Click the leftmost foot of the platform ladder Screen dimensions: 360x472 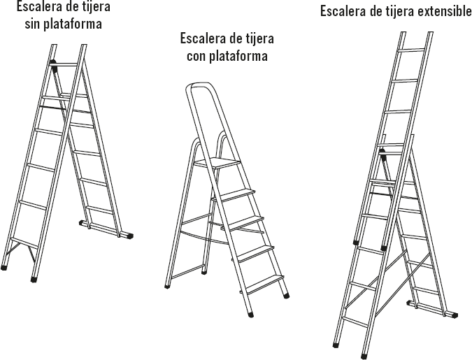point(166,285)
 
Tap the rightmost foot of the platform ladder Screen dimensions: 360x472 point(286,295)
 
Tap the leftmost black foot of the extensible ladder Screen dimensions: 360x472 point(337,344)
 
